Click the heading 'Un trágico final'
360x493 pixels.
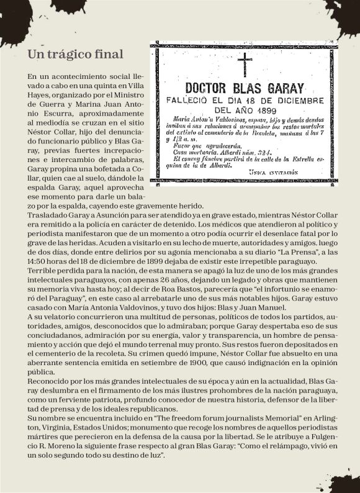75,55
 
